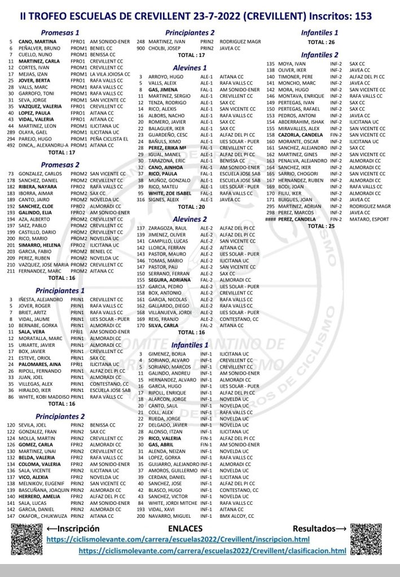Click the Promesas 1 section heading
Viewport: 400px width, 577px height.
click(x=60, y=33)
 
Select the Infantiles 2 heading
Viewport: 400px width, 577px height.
click(x=319, y=55)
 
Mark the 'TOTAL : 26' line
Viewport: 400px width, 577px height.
click(x=319, y=42)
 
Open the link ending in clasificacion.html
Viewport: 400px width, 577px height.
click(x=212, y=550)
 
